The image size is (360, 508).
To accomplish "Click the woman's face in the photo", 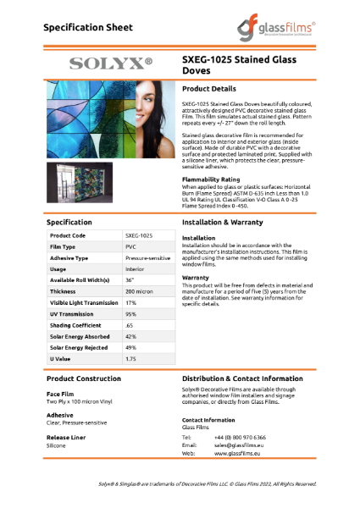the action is (151, 110).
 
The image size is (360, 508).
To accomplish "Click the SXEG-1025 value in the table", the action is (139, 235).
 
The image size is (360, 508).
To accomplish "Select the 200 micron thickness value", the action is (139, 290).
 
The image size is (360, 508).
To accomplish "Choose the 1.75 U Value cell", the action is (131, 358).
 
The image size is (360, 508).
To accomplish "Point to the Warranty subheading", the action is (196, 276).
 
